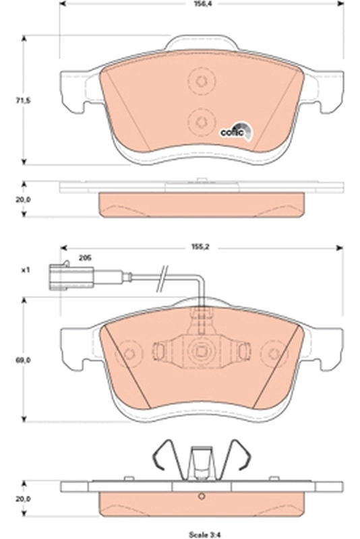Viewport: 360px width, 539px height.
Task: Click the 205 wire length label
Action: point(85,258)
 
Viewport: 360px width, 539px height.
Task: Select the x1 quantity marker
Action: point(26,270)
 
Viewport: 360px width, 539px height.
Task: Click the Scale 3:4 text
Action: point(200,532)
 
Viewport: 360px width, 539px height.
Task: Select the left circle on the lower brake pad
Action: point(127,353)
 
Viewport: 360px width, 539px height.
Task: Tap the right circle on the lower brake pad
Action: point(274,353)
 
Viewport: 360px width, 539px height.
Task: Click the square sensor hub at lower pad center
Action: point(200,350)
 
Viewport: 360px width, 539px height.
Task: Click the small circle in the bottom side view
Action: point(200,499)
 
